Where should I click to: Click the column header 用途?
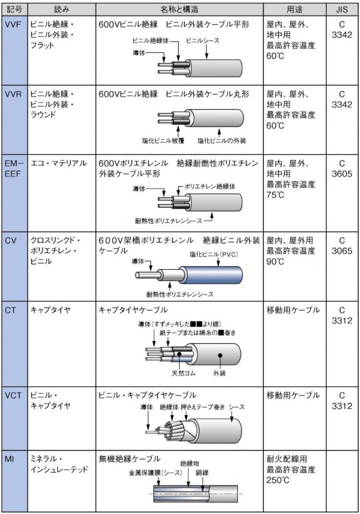(x=296, y=9)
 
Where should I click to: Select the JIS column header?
(x=342, y=9)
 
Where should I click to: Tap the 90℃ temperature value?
(x=276, y=261)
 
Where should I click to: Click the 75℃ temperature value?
(x=276, y=194)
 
